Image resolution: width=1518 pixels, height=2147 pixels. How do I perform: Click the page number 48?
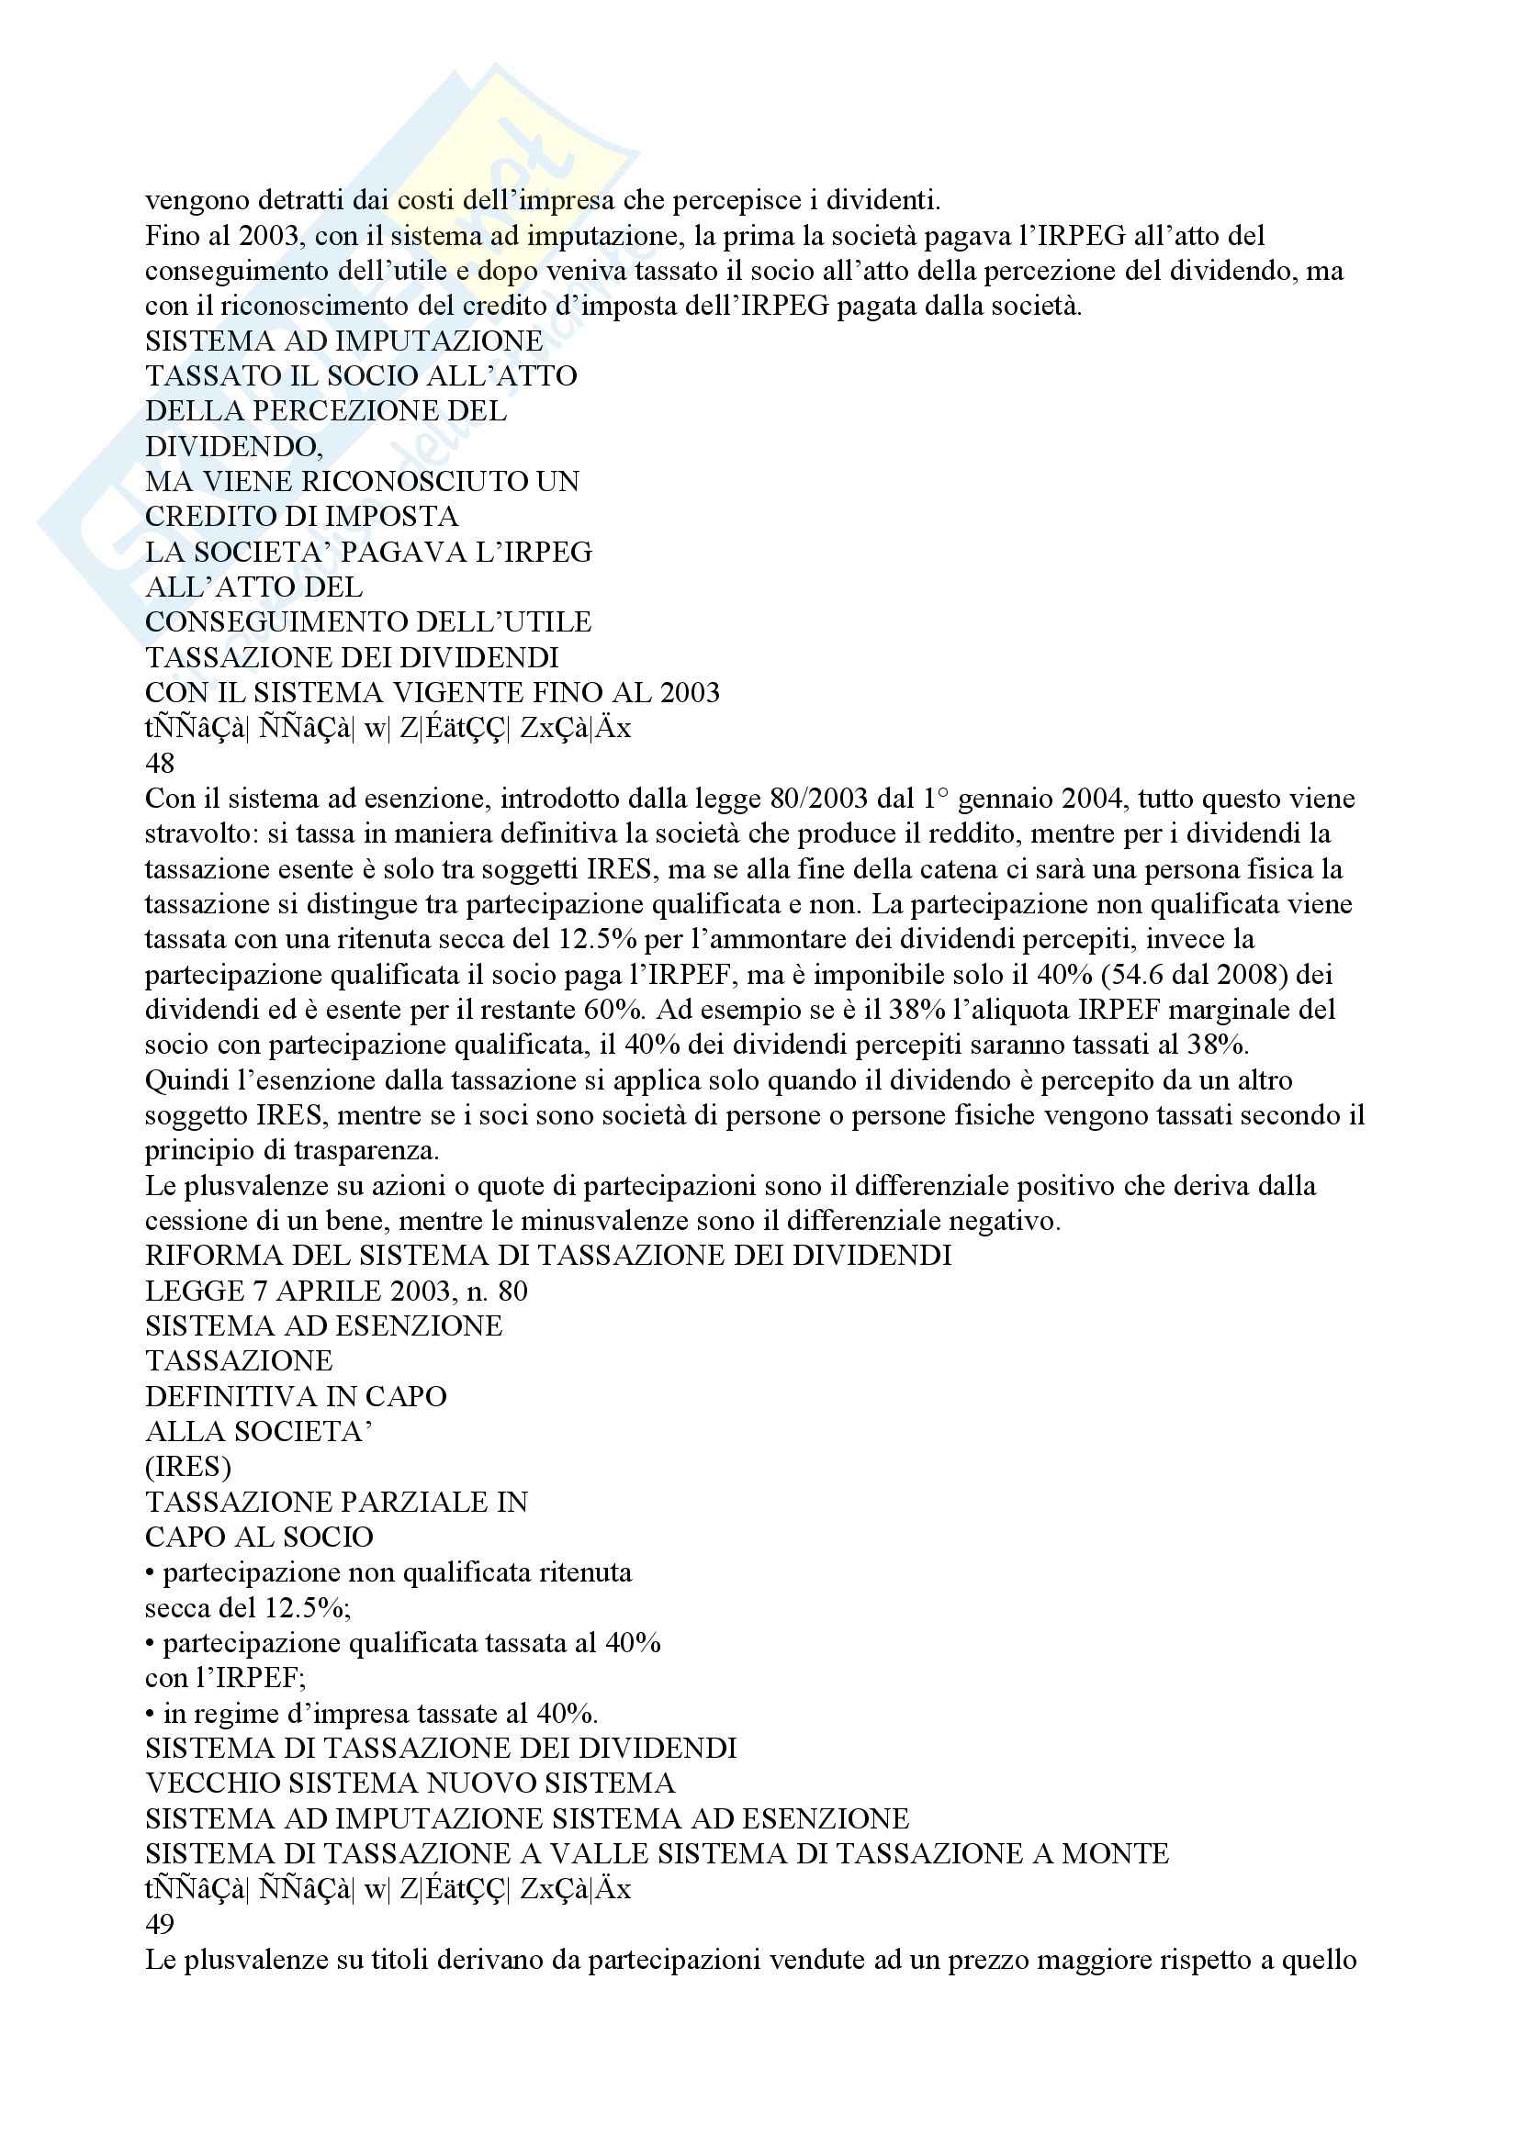coord(160,764)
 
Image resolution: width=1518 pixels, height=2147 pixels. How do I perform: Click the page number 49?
coord(160,1925)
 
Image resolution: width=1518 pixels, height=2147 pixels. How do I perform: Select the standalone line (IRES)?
coord(188,1467)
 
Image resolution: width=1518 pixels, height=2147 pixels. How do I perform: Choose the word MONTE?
coord(1115,1854)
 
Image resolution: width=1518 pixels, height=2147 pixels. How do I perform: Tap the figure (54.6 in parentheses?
coord(1145,976)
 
